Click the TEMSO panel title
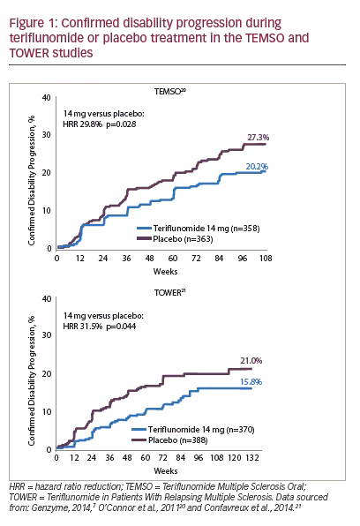(x=170, y=92)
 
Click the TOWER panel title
(x=170, y=292)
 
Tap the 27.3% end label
(x=259, y=138)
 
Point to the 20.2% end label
(x=257, y=167)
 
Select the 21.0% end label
(x=251, y=361)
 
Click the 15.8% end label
(x=251, y=382)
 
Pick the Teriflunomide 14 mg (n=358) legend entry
(x=199, y=229)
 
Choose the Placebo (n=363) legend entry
(x=175, y=239)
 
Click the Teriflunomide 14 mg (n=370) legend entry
(x=193, y=430)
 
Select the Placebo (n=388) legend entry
(x=169, y=440)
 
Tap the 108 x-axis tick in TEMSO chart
(x=266, y=259)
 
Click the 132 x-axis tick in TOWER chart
(x=252, y=457)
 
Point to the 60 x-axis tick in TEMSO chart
(x=173, y=259)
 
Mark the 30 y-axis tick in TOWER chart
(x=47, y=334)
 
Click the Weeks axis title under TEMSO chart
(x=165, y=272)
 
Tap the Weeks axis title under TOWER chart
(x=166, y=471)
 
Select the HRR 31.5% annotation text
(x=83, y=326)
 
